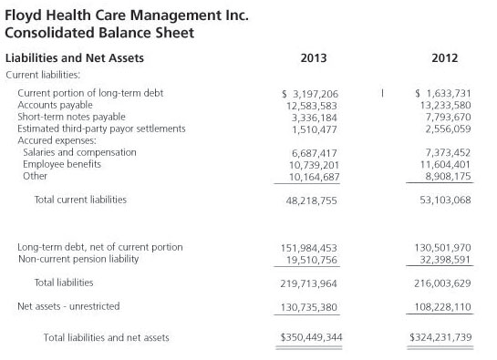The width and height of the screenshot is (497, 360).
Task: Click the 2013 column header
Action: coord(313,59)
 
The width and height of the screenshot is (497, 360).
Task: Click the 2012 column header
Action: coord(444,59)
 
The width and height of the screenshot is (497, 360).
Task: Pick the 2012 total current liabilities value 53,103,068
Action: coord(441,200)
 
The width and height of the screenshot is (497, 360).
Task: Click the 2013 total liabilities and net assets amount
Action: coord(311,338)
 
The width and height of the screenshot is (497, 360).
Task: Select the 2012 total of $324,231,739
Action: coord(440,338)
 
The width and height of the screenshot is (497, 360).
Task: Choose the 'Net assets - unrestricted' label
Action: coord(68,306)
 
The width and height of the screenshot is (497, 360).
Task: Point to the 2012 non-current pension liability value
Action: coord(441,259)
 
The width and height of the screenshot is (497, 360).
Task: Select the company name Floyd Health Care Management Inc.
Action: coord(127,15)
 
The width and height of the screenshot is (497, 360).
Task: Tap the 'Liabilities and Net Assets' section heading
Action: coord(75,59)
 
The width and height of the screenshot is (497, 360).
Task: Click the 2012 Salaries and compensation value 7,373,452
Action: coord(444,152)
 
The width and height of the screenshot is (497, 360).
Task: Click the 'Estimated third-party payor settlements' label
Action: coord(101,129)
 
